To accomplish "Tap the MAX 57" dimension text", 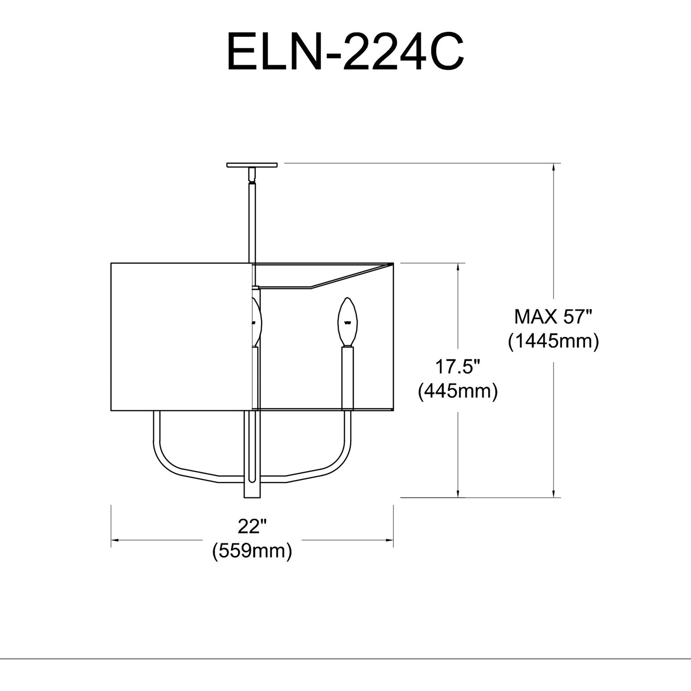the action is pyautogui.click(x=553, y=317).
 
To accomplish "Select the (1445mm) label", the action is pyautogui.click(x=553, y=342).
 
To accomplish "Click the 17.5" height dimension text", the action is pyautogui.click(x=458, y=367).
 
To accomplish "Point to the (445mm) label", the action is pyautogui.click(x=457, y=392).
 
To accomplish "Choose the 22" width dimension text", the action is pyautogui.click(x=252, y=526).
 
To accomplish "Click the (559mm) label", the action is pyautogui.click(x=252, y=550).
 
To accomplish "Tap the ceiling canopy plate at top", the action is pyautogui.click(x=252, y=164).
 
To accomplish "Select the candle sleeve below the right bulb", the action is pyautogui.click(x=348, y=378).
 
